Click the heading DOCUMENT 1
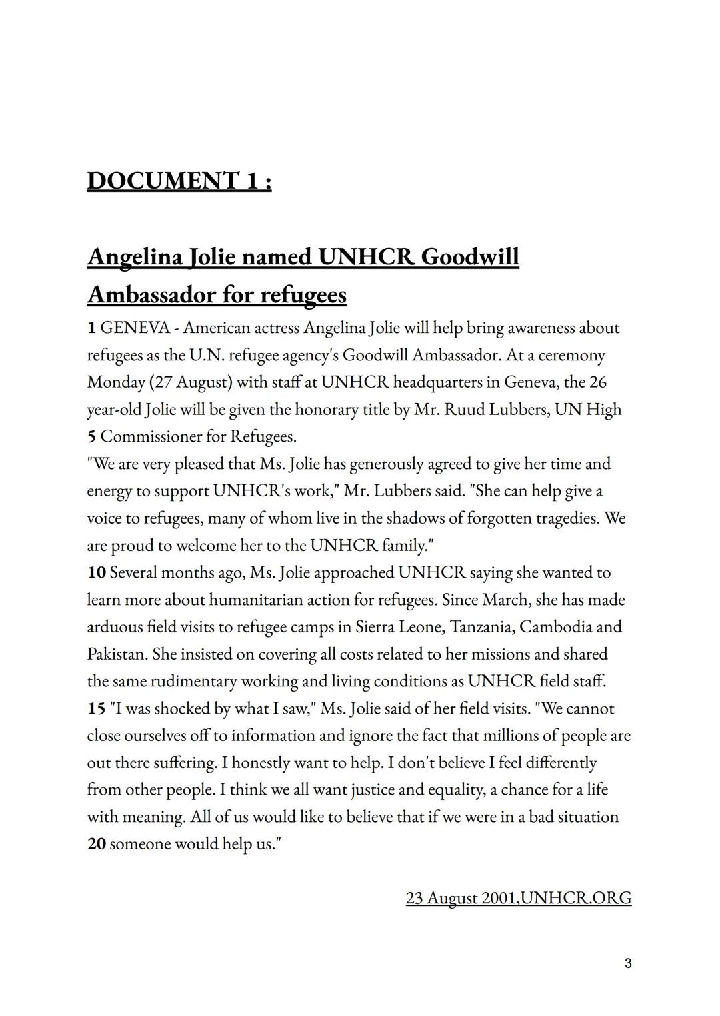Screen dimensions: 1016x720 [x=179, y=181]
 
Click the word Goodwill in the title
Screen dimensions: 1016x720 [x=470, y=256]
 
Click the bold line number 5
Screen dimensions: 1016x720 [x=91, y=437]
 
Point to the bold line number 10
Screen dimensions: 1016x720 [x=96, y=573]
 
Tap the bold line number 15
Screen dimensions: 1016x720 [x=96, y=709]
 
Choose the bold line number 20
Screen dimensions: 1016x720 [x=96, y=845]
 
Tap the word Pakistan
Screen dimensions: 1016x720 [x=117, y=654]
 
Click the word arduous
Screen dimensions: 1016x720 [x=115, y=627]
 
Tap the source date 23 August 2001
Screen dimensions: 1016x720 [x=461, y=898]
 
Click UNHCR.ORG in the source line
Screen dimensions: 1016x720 [x=576, y=898]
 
